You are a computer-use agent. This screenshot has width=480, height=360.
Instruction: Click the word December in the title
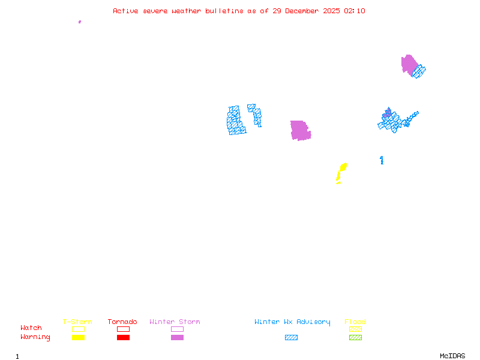[x=303, y=11]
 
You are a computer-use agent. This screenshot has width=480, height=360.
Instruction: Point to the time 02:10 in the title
[x=355, y=11]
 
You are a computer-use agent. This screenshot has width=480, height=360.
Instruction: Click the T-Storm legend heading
[x=77, y=322]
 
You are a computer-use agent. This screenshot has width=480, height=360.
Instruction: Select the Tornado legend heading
[x=122, y=322]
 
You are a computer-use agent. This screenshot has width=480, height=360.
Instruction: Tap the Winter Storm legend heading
[x=175, y=322]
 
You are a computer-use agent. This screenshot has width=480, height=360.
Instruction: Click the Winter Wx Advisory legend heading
[x=292, y=322]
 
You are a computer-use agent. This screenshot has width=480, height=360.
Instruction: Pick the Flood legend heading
[x=355, y=322]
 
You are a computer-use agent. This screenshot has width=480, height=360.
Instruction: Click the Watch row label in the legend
[x=31, y=328]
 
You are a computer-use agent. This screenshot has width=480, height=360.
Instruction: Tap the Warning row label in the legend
[x=35, y=337]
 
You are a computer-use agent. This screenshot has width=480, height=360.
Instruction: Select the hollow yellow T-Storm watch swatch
[x=78, y=329]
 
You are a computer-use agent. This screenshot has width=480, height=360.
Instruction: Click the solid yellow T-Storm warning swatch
[x=78, y=337]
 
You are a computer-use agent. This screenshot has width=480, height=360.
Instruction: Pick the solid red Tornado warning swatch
[x=123, y=337]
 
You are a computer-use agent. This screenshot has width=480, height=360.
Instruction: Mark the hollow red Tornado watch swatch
[x=123, y=329]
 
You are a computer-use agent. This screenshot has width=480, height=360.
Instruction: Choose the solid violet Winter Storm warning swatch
[x=177, y=337]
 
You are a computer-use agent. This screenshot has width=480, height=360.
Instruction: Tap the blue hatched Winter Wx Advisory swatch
[x=291, y=337]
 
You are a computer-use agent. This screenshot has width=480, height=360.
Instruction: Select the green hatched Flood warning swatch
[x=355, y=337]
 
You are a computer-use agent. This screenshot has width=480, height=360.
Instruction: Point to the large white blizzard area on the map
[x=246, y=119]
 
